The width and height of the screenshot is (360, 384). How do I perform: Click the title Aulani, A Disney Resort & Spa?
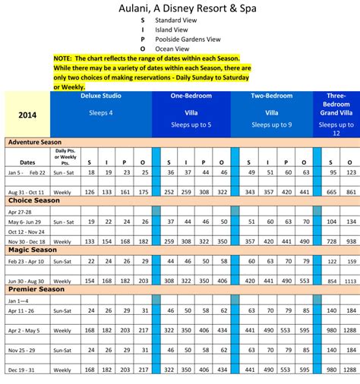click(179, 10)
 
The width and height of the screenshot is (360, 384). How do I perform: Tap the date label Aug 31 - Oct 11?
click(27, 192)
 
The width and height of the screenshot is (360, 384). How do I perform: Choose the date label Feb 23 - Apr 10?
click(27, 260)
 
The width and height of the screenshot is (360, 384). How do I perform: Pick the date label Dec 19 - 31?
click(26, 370)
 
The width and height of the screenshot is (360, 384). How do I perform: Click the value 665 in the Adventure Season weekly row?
click(330, 192)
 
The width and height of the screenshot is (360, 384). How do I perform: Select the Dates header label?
click(27, 162)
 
